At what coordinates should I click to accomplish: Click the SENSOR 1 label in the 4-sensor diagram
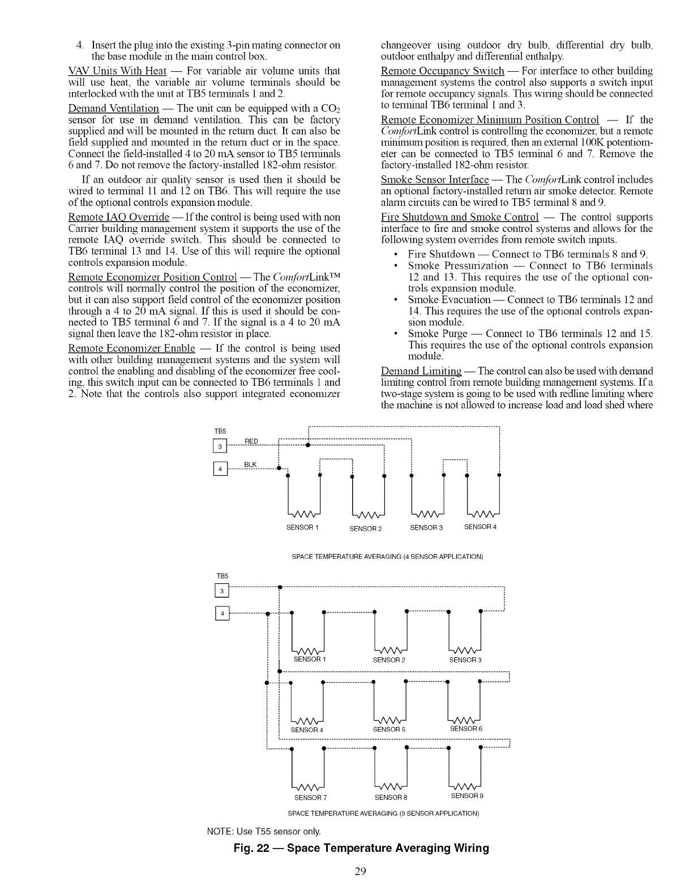tap(303, 528)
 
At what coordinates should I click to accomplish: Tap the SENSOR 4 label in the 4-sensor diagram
tap(480, 527)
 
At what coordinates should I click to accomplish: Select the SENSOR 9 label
tap(467, 796)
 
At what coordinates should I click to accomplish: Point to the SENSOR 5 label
tap(389, 729)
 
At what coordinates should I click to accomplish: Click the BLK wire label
tap(250, 465)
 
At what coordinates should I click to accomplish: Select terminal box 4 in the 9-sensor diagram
tap(223, 614)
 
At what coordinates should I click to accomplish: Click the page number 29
tap(361, 871)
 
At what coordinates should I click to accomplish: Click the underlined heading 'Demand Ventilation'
tap(113, 108)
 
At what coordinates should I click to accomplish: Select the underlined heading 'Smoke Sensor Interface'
tap(435, 179)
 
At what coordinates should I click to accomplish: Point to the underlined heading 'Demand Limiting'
tap(421, 371)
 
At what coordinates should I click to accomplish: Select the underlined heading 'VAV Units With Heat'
tap(117, 71)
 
